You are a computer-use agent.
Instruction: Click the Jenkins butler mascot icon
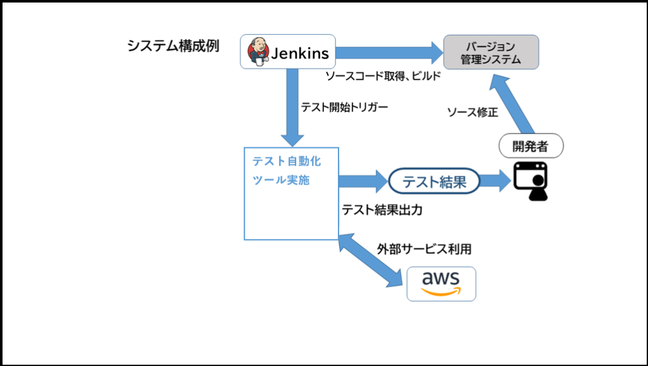[258, 51]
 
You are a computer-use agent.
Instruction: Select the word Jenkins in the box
[300, 53]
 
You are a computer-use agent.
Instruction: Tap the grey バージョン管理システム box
[490, 52]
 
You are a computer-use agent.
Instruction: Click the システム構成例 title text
[173, 46]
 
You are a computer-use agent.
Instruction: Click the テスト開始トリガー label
[344, 107]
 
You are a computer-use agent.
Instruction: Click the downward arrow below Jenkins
[292, 107]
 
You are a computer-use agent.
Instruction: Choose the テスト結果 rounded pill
[434, 182]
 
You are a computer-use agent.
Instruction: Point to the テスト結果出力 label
[382, 210]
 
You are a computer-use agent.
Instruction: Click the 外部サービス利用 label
[424, 249]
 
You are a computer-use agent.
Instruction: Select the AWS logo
[440, 283]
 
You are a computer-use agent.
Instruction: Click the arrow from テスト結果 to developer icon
[495, 181]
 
